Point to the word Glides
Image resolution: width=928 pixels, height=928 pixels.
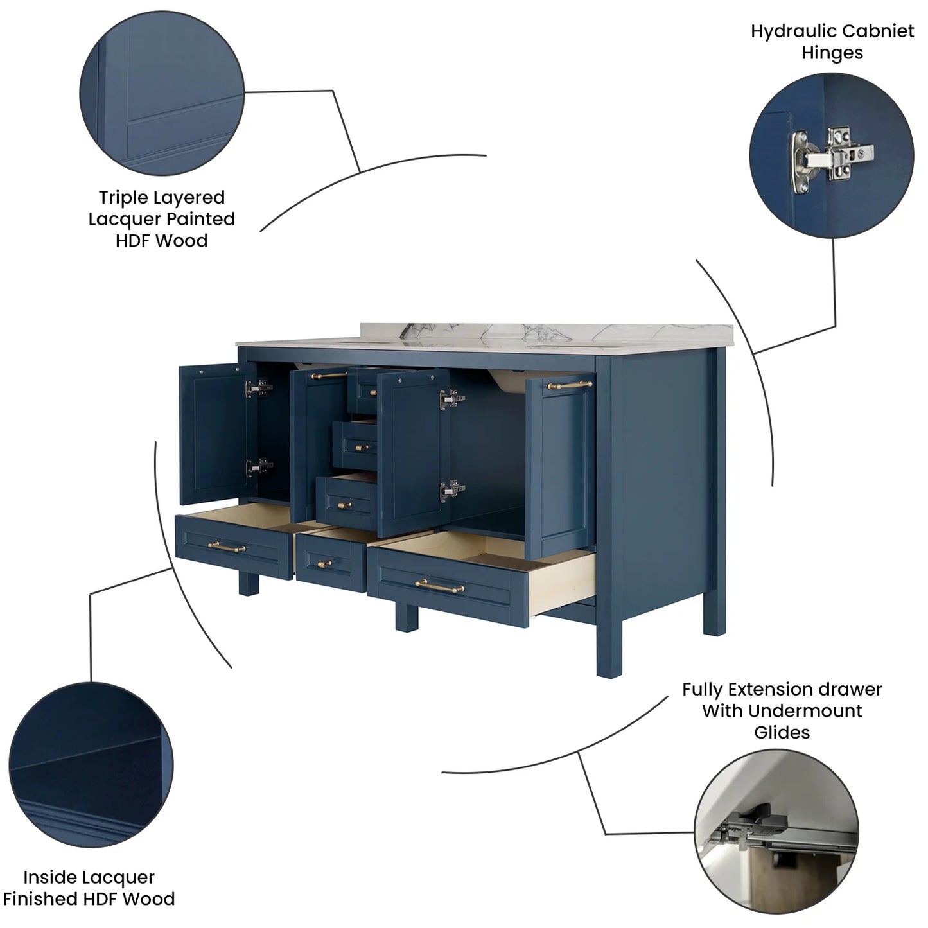coord(782,733)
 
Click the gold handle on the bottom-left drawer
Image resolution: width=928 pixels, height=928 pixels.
coord(227,547)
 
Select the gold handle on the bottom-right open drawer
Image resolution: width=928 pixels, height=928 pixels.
coord(439,586)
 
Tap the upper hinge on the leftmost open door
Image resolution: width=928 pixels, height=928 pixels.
coord(259,388)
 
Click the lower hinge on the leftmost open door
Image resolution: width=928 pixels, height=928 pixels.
coord(259,467)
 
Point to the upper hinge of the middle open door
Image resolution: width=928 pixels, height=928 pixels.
coord(451,399)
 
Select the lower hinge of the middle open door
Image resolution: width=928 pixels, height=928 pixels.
coord(452,490)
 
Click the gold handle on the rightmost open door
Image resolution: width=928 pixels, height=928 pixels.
coord(570,385)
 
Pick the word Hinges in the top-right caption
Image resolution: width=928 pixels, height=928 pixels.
coord(832,53)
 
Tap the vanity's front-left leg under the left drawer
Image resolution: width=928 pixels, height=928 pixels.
coord(249,585)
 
